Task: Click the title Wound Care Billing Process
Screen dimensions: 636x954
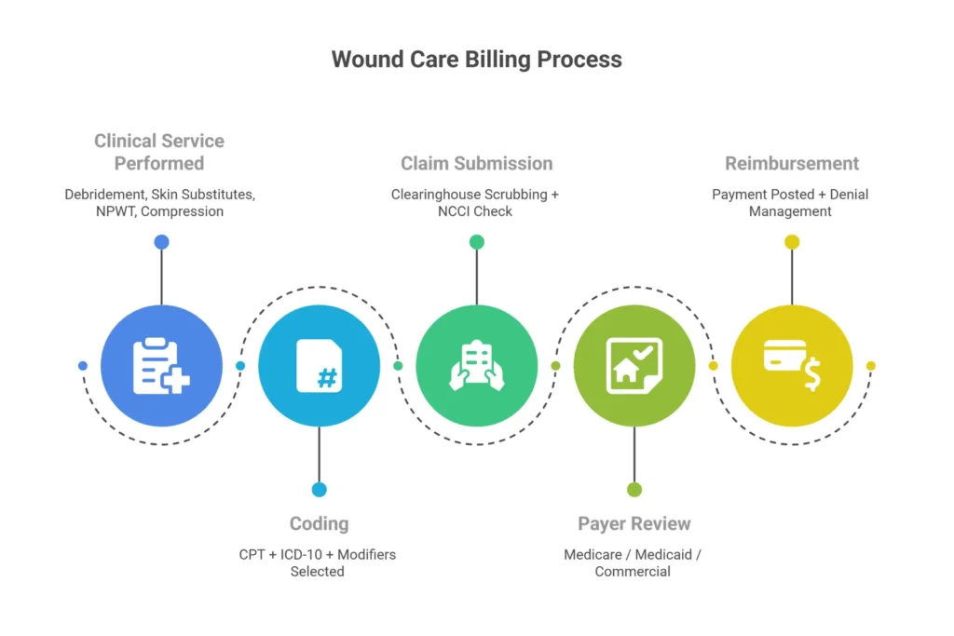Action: tap(476, 60)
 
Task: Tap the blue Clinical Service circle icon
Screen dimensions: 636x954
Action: tap(161, 366)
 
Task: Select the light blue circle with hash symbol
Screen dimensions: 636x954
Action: tap(319, 366)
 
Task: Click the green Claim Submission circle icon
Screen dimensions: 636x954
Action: tap(476, 366)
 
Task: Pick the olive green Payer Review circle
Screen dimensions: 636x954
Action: tap(634, 366)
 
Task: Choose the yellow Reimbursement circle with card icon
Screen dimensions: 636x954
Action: tap(791, 366)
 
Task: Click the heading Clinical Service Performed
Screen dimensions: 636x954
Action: tap(159, 152)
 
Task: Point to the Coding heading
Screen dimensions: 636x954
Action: tap(319, 523)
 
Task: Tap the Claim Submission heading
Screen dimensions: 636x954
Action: tap(476, 163)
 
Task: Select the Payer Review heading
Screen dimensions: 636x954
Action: tap(634, 523)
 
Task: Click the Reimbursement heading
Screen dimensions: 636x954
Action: tap(791, 163)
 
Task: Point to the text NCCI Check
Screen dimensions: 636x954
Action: tap(476, 211)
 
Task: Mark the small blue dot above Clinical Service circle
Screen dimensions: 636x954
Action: tap(161, 242)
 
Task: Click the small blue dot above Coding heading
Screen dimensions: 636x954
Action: tap(319, 490)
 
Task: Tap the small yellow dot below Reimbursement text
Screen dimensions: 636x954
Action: tap(791, 242)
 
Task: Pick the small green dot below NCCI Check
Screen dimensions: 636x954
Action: tap(476, 242)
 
